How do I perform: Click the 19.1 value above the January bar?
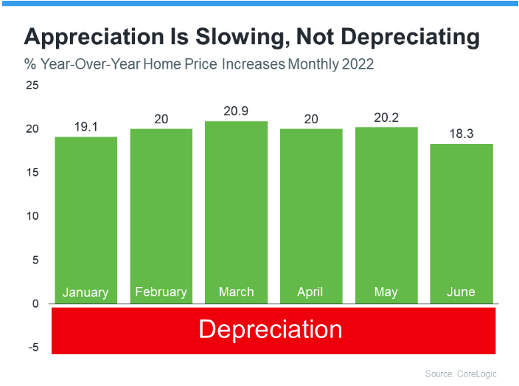(x=86, y=127)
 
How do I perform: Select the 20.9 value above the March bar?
(x=236, y=111)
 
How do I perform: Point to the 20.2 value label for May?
(x=386, y=117)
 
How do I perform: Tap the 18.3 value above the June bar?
(x=461, y=134)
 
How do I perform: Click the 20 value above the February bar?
(x=161, y=119)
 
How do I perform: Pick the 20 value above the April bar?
(x=311, y=119)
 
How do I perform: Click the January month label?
(x=86, y=292)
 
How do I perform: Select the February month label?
(x=161, y=292)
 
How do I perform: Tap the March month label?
(x=236, y=292)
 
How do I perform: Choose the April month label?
(x=311, y=292)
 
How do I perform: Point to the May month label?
(x=386, y=292)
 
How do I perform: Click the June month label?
(x=461, y=292)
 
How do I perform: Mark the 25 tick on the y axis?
(x=31, y=86)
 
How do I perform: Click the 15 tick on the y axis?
(x=31, y=173)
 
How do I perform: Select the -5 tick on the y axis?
(x=31, y=348)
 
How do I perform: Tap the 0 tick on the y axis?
(x=34, y=304)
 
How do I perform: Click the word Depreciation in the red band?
(x=270, y=328)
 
